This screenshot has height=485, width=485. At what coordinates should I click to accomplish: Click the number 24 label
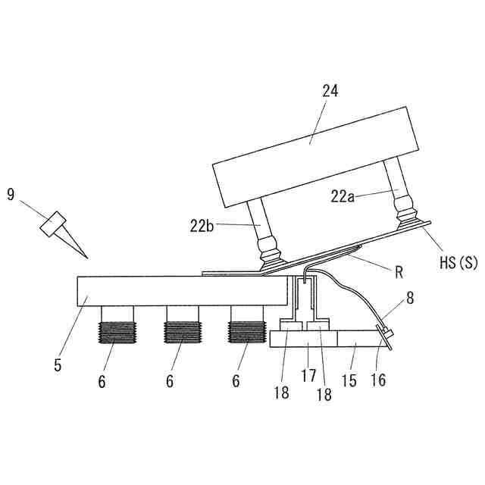[x=330, y=92]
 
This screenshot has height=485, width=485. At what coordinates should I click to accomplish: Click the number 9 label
[x=11, y=195]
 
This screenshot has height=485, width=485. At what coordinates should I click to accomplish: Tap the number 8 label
[x=410, y=298]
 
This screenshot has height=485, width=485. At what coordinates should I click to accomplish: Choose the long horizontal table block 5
[x=182, y=290]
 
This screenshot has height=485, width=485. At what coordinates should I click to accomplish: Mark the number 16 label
[x=378, y=379]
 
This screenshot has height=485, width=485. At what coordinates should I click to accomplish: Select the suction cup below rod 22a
[x=409, y=216]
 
